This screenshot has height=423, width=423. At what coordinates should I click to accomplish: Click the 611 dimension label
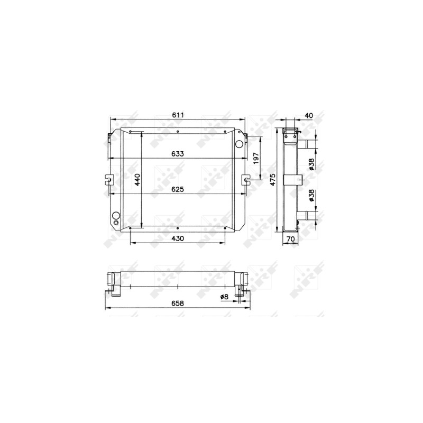(178, 115)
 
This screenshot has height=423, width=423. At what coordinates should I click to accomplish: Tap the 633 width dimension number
(178, 154)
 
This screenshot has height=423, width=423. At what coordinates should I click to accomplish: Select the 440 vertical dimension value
(137, 179)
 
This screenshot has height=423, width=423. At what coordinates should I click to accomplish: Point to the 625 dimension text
(178, 189)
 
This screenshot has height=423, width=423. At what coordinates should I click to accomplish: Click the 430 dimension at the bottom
(178, 238)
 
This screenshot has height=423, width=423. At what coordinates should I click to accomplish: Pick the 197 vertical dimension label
(256, 158)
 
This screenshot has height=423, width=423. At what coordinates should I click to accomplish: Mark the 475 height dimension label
(272, 179)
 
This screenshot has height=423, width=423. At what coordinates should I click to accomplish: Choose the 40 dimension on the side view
(309, 115)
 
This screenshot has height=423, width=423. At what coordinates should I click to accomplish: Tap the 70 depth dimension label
(290, 239)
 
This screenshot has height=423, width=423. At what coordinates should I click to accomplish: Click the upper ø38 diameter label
(311, 164)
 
